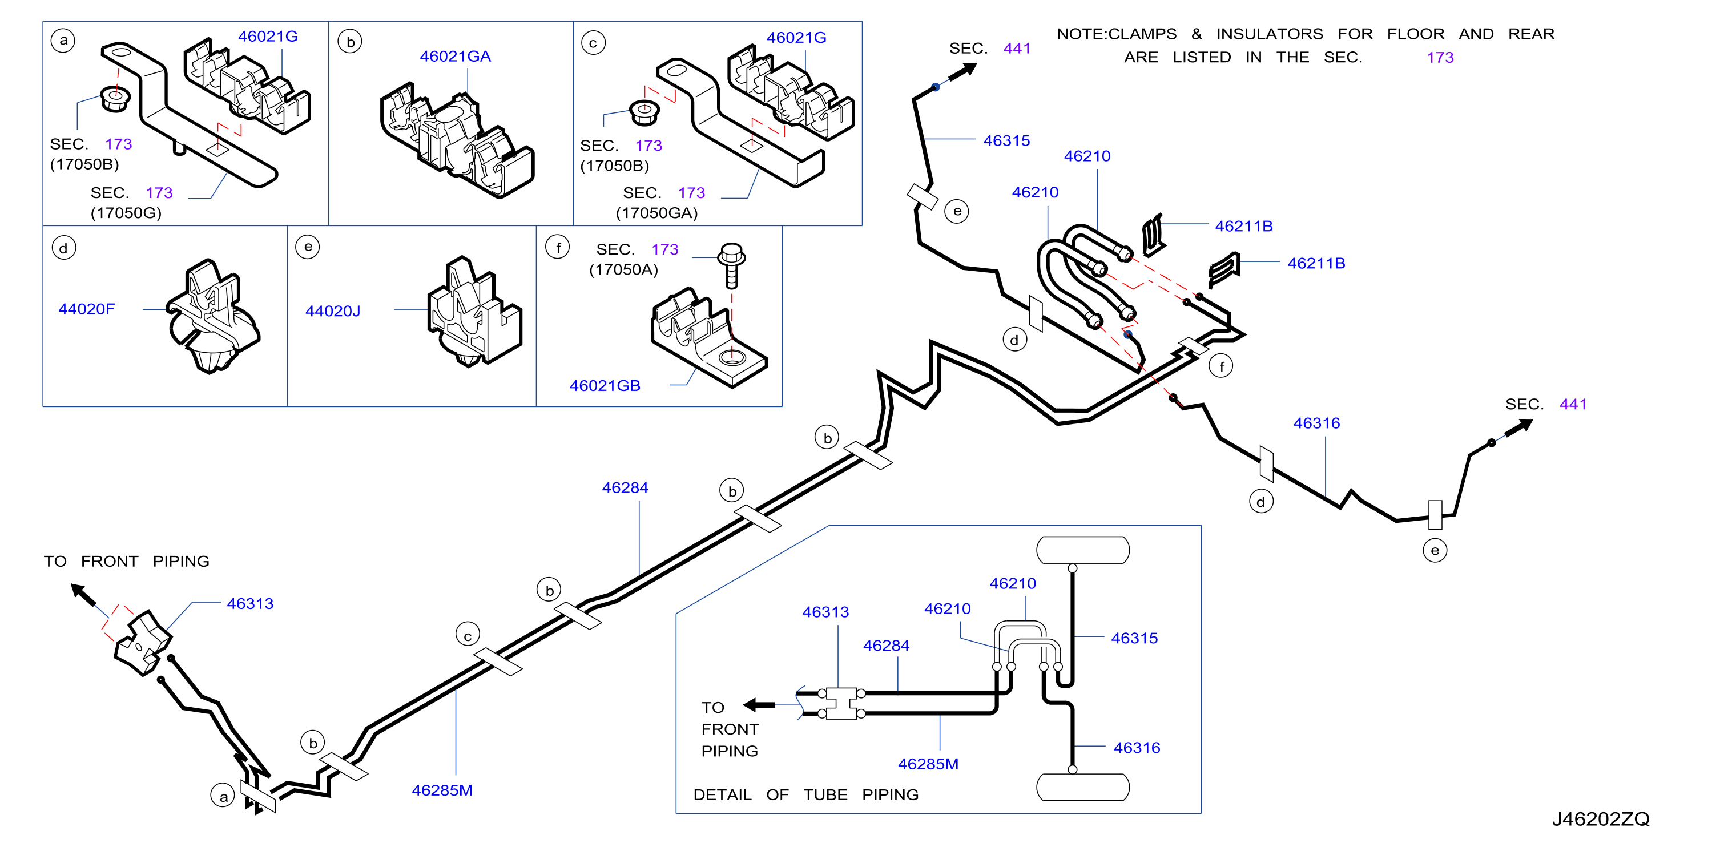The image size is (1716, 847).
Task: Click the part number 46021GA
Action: pyautogui.click(x=455, y=57)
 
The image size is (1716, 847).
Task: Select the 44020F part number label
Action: pyautogui.click(x=87, y=309)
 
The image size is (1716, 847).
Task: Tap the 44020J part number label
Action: pyautogui.click(x=333, y=311)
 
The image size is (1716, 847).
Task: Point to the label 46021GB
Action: pyautogui.click(x=605, y=386)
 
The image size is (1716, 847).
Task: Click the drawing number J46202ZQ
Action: pyautogui.click(x=1601, y=819)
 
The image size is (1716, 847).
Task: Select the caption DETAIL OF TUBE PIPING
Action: pyautogui.click(x=806, y=794)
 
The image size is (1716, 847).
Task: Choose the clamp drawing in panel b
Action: pyautogui.click(x=457, y=140)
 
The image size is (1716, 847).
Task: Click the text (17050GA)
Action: pyautogui.click(x=657, y=213)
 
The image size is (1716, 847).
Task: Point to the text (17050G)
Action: pyautogui.click(x=126, y=213)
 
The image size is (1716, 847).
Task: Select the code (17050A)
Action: pyautogui.click(x=623, y=269)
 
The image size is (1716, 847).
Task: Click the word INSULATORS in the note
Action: pyautogui.click(x=1270, y=34)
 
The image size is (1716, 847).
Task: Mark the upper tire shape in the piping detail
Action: pyautogui.click(x=1083, y=550)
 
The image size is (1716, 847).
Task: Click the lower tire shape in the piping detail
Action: pyautogui.click(x=1083, y=787)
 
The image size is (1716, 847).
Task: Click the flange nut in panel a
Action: pyautogui.click(x=115, y=99)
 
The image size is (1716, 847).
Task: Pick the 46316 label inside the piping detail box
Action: pyautogui.click(x=1137, y=748)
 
